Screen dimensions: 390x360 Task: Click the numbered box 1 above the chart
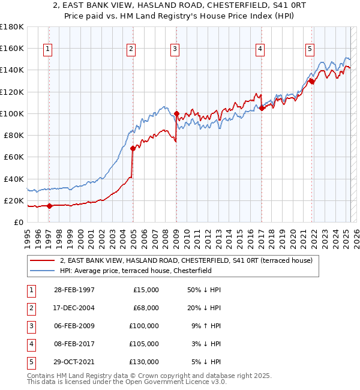click(x=47, y=50)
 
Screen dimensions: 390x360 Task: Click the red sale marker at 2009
click(x=177, y=113)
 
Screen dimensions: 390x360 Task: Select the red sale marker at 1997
click(x=50, y=206)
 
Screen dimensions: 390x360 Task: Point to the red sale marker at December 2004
click(x=133, y=148)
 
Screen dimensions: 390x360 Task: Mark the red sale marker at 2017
click(x=262, y=108)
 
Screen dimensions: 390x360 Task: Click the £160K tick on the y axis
click(x=12, y=48)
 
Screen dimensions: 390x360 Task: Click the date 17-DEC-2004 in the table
click(x=74, y=307)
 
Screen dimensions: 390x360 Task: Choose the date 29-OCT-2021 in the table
click(x=74, y=361)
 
